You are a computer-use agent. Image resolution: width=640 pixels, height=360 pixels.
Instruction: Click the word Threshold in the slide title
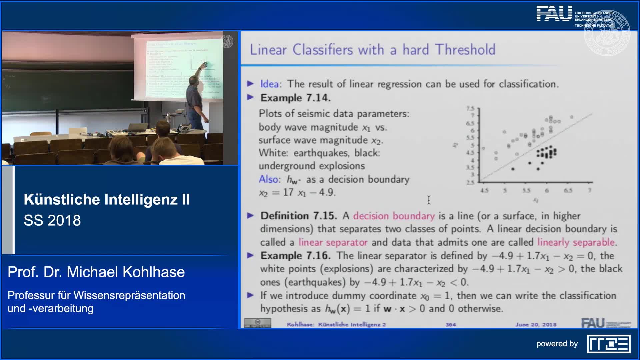click(x=465, y=50)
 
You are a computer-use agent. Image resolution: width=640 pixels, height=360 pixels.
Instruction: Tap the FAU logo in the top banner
click(x=554, y=14)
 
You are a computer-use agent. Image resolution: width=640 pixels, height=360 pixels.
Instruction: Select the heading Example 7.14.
click(x=295, y=98)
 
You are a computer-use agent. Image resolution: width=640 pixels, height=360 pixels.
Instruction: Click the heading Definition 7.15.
click(x=299, y=216)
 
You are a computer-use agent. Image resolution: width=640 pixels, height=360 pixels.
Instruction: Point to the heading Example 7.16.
click(x=295, y=256)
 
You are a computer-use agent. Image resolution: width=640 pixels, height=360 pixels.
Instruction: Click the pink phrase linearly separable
click(x=576, y=242)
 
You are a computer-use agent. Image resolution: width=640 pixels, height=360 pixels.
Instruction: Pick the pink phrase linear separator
click(x=333, y=242)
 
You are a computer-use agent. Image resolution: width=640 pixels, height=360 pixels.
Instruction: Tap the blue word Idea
click(x=270, y=84)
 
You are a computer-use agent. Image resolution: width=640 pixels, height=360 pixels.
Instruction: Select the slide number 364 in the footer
click(x=451, y=324)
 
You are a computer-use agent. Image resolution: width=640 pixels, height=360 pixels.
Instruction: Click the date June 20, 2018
click(x=536, y=324)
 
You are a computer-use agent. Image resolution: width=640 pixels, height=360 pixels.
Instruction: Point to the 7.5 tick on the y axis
click(x=470, y=108)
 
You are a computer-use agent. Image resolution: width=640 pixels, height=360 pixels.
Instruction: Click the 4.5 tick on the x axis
click(x=484, y=190)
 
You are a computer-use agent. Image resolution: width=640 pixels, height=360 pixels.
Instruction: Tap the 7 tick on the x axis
click(x=589, y=190)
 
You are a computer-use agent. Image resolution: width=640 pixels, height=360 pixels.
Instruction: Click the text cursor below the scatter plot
click(x=429, y=200)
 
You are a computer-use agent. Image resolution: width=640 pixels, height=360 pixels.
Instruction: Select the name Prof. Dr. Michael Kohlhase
click(x=96, y=272)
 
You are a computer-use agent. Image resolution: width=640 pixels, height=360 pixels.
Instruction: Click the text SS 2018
click(x=52, y=220)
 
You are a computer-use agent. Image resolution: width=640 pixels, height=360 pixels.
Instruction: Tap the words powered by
click(x=557, y=344)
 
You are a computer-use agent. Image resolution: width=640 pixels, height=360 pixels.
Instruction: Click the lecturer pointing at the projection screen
click(x=195, y=100)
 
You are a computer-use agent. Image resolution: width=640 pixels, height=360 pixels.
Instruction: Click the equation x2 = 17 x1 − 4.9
click(x=297, y=193)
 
